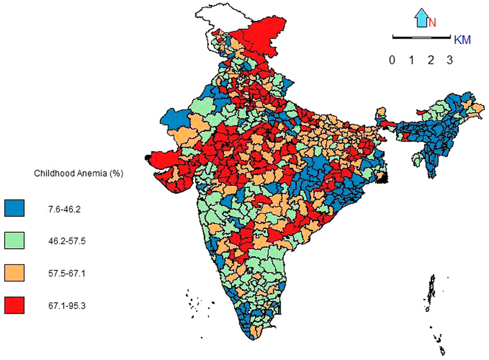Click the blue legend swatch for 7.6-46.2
tap(14, 208)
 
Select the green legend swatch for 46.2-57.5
tap(14, 240)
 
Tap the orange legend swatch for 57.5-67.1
tap(14, 273)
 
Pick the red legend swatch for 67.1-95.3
tap(14, 305)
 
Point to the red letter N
tap(432, 22)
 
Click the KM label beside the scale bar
tap(463, 40)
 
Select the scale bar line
tap(421, 37)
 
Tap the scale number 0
tap(392, 60)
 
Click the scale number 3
tap(449, 60)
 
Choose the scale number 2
tap(430, 60)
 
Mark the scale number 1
tap(411, 60)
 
